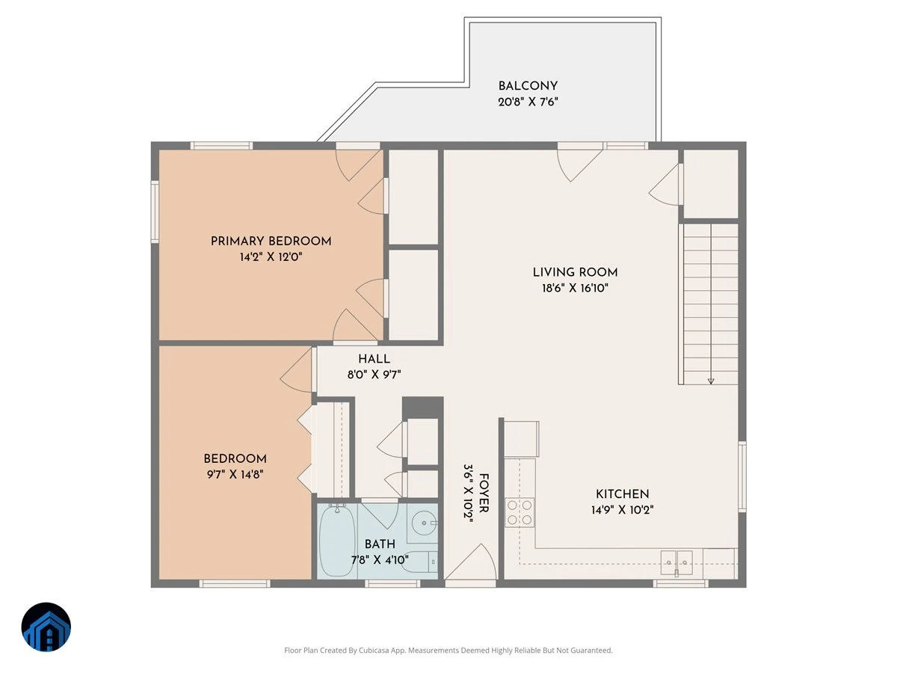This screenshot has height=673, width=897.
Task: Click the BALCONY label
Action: (528, 86)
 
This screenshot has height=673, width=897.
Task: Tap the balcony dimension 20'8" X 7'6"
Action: (528, 102)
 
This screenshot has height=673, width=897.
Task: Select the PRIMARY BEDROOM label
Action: (271, 241)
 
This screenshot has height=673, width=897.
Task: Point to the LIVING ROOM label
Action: (575, 272)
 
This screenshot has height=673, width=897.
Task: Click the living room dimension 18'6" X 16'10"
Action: (575, 288)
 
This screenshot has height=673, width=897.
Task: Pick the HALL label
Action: (374, 359)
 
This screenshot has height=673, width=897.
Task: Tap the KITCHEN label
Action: (622, 494)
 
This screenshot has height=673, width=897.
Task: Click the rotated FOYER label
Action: (484, 493)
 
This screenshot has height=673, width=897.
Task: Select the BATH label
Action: (380, 544)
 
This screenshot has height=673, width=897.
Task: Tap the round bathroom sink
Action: (424, 523)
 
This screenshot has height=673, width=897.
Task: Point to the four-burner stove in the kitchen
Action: (520, 512)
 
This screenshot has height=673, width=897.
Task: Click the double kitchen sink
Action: (676, 562)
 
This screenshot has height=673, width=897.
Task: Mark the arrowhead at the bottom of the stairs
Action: (711, 381)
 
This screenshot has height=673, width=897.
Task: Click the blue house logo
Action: (46, 627)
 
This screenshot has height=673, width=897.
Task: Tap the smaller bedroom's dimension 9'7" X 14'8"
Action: (235, 474)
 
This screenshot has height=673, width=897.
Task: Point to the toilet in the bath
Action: (421, 562)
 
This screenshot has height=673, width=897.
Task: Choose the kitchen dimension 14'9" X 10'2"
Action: (622, 510)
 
